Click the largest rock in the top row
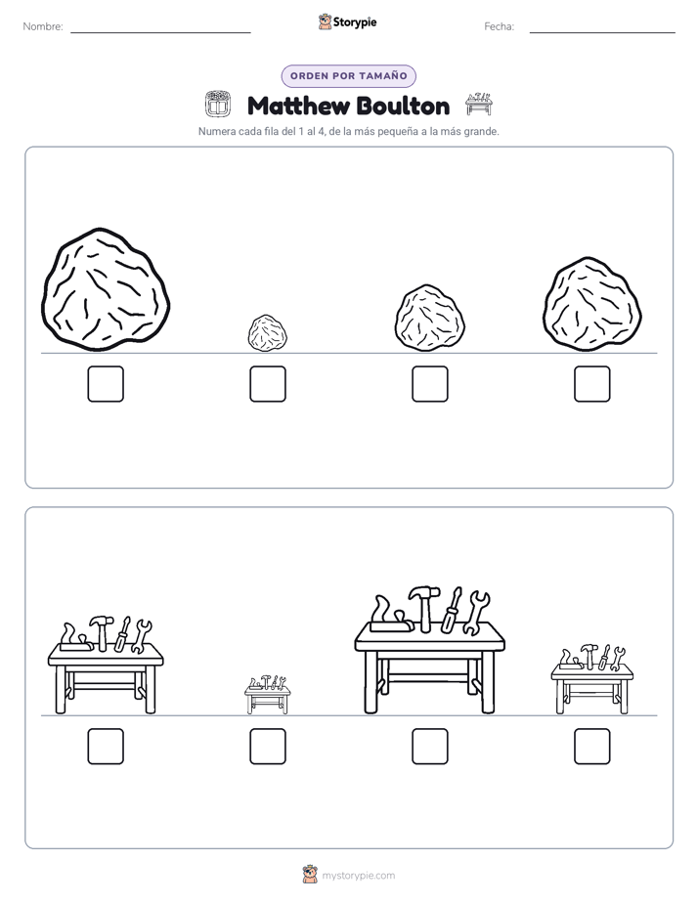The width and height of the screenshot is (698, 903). pos(106,289)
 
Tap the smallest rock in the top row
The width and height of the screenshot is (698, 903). pos(267,333)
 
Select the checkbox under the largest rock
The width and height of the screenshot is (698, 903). pos(106,383)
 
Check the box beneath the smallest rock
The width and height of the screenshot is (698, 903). pos(268,383)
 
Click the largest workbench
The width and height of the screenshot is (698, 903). pos(429,651)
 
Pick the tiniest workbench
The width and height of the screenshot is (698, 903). pos(267,695)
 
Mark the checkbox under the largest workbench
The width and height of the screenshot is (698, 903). pos(429,747)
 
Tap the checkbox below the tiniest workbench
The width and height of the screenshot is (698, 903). pos(268,747)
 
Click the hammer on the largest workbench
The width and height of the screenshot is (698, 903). pos(424,608)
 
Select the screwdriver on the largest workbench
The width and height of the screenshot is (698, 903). pos(452,611)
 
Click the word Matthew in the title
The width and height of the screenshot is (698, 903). pos(297,107)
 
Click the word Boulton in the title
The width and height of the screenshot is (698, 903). pos(403,107)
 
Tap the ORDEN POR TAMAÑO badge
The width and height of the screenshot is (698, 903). pos(348,76)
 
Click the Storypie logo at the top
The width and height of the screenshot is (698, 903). pos(347,22)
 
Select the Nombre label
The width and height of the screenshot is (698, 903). pos(43,26)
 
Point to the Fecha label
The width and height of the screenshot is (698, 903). pos(499,26)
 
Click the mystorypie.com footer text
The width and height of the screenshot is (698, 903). pos(358,876)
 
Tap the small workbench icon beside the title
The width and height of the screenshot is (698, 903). pos(479,105)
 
